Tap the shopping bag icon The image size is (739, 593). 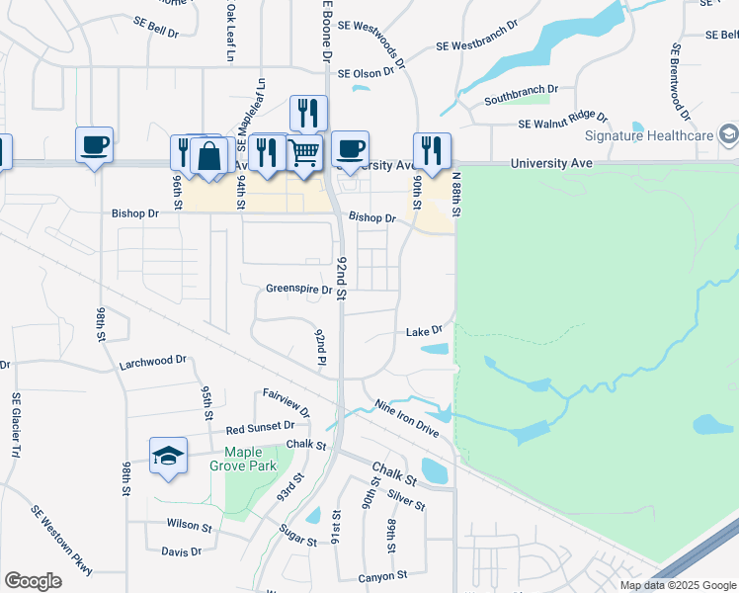(209, 155)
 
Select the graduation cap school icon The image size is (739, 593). (168, 456)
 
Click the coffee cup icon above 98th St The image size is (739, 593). (95, 144)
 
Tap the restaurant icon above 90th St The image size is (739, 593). (432, 150)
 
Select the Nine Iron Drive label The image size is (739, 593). (407, 417)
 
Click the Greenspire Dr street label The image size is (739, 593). (298, 290)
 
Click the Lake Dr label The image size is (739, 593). (423, 332)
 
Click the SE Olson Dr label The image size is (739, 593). (371, 73)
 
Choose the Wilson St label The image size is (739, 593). (190, 525)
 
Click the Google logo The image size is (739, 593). (33, 581)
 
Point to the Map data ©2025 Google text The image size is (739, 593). (676, 585)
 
